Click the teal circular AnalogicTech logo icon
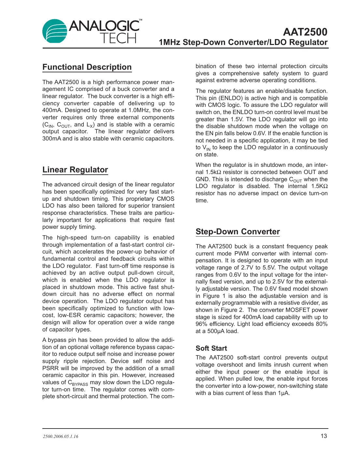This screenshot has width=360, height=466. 55,31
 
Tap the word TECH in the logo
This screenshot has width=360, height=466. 118,38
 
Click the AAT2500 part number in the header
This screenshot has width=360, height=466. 305,32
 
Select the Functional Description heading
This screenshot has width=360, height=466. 87,67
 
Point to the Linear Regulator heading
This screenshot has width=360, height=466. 75,170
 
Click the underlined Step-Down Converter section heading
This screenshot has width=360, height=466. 238,232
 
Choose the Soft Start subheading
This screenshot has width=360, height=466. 211,348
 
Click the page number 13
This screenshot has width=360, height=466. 324,436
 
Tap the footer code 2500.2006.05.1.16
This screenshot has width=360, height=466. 61,436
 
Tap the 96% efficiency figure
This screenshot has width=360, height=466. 202,324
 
